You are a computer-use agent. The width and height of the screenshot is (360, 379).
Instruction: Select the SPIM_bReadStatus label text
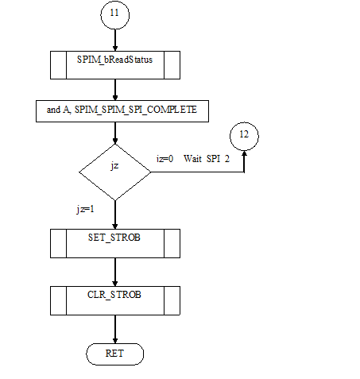[114, 60]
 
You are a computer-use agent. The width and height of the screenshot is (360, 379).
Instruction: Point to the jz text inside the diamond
[114, 166]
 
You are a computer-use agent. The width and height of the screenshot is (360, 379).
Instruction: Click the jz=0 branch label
[165, 159]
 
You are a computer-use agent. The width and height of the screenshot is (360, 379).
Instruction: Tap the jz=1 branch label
[85, 209]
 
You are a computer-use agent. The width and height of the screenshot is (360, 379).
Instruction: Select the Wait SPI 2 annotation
[207, 159]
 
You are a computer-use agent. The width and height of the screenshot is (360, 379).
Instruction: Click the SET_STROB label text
[114, 238]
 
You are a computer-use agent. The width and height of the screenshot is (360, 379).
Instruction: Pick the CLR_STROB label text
[114, 295]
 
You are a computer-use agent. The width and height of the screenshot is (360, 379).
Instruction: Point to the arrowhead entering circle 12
[244, 153]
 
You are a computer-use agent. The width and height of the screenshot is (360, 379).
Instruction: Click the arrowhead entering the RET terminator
[115, 341]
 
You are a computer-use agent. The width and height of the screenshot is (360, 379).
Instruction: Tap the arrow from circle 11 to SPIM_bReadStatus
[115, 40]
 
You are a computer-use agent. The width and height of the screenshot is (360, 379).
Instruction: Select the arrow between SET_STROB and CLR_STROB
[115, 272]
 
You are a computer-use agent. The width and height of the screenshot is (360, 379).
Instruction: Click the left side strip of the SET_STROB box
[58, 243]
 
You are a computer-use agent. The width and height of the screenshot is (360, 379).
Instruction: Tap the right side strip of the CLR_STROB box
[172, 300]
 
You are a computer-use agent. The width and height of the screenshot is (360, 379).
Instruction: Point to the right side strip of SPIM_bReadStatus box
[172, 65]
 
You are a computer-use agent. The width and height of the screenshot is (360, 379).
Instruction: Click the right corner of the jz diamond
[151, 172]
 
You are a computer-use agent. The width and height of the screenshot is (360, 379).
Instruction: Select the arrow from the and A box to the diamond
[115, 133]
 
